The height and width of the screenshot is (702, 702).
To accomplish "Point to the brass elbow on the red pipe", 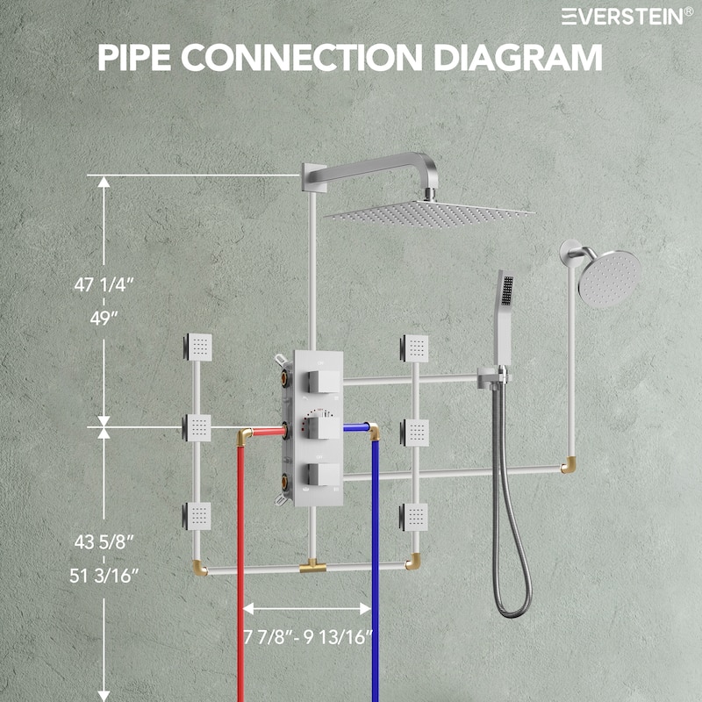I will tap(247, 433).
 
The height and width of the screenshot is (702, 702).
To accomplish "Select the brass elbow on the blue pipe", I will tap(374, 432).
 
